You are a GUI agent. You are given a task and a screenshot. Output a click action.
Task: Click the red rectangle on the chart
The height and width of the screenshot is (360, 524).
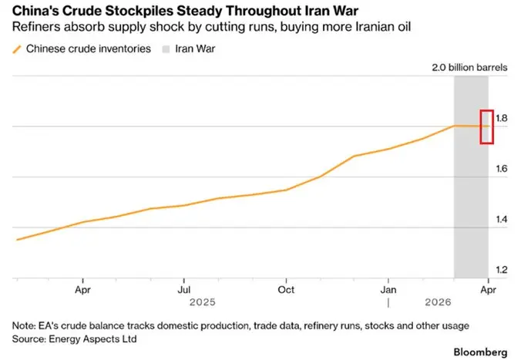tap(487, 126)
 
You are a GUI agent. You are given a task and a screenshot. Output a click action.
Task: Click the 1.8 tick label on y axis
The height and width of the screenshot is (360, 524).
tap(502, 118)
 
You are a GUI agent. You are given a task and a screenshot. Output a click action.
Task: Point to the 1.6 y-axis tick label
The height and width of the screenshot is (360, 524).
tap(502, 169)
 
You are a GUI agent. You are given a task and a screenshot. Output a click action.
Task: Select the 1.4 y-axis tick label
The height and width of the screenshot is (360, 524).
tap(502, 220)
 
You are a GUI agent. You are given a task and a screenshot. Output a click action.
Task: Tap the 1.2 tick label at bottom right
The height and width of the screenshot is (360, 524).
tap(502, 270)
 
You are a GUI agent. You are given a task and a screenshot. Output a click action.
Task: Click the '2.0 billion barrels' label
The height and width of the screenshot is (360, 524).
tap(470, 67)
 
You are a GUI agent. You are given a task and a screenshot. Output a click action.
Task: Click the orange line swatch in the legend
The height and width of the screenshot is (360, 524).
tap(18, 49)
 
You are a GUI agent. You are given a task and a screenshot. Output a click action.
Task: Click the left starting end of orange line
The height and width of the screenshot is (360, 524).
tap(16, 239)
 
